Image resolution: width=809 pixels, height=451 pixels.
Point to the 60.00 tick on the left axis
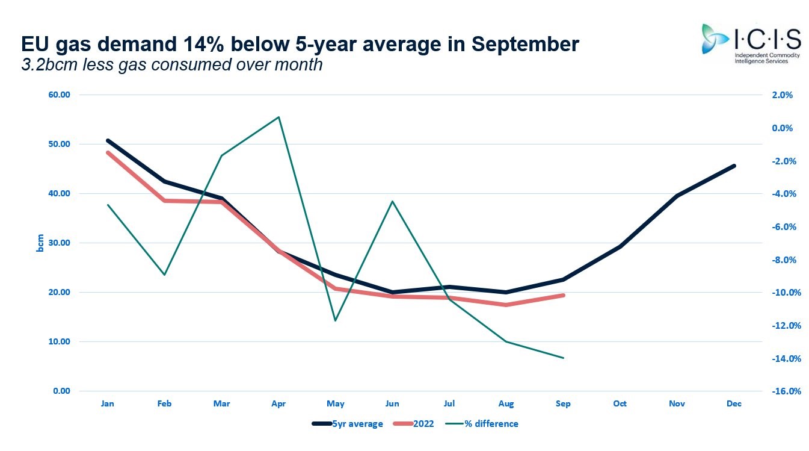tap(59, 95)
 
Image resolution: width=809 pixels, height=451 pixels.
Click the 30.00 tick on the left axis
tap(59, 243)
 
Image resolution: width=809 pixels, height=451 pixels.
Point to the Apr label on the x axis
tap(278, 404)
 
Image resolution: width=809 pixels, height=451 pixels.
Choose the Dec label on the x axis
tap(734, 404)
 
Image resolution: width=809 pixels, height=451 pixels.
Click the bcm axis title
tap(40, 243)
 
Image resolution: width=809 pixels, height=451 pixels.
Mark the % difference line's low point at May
tap(335, 320)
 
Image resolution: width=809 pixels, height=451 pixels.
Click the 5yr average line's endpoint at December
tap(734, 166)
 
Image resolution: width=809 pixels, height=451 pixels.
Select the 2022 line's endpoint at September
tap(563, 295)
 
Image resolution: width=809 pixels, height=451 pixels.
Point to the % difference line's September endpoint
tap(563, 358)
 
